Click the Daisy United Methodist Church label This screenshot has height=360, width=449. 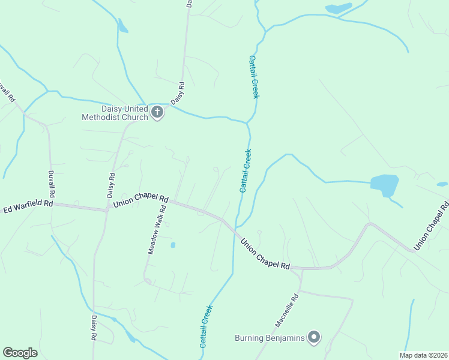[x=115, y=113]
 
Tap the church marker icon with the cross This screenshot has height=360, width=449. [x=157, y=112]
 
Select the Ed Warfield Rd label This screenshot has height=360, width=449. [x=28, y=206]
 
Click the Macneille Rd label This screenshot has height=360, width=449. [x=287, y=310]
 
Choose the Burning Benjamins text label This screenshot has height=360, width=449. [x=270, y=338]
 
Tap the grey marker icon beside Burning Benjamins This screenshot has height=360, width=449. [x=313, y=338]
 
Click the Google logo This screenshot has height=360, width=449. [x=20, y=353]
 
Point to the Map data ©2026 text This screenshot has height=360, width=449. [x=423, y=355]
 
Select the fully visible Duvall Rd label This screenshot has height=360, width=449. [x=52, y=183]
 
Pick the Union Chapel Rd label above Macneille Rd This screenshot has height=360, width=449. [x=265, y=254]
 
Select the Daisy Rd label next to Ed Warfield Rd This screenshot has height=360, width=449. [x=111, y=185]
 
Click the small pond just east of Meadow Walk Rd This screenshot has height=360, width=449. [x=173, y=245]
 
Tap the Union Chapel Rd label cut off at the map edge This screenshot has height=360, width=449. [x=432, y=226]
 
